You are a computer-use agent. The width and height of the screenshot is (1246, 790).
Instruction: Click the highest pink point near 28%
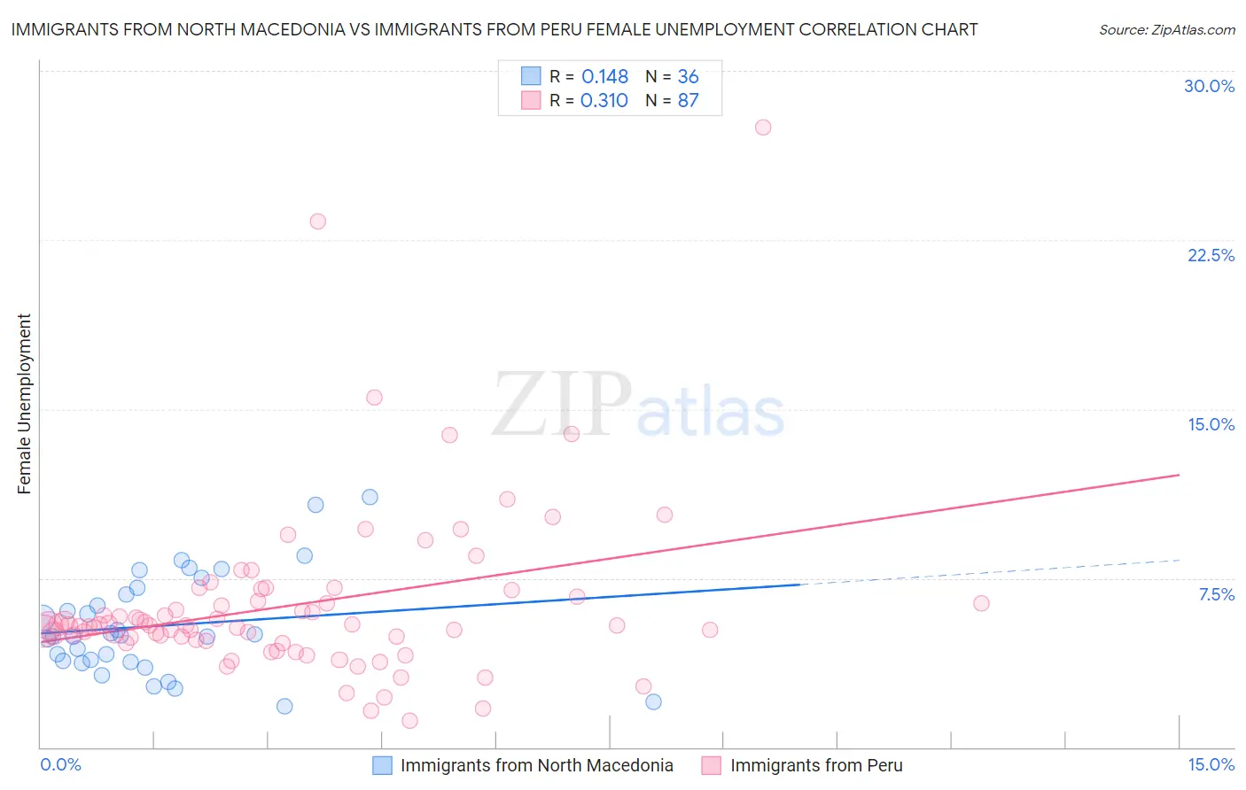(x=763, y=128)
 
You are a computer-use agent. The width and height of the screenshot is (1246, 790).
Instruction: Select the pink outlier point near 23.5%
(x=318, y=221)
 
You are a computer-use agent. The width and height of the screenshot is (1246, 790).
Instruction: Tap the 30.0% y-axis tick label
(x=1209, y=87)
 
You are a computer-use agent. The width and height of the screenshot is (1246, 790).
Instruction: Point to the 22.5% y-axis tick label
(x=1211, y=256)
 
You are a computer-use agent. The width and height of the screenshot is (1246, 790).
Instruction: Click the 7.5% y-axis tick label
(x=1216, y=595)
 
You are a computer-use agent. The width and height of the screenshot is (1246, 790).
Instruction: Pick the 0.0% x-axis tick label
(x=60, y=765)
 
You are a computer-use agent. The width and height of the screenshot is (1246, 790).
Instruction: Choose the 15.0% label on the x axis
(x=1211, y=765)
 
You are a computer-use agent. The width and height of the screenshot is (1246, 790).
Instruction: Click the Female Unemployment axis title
(x=25, y=404)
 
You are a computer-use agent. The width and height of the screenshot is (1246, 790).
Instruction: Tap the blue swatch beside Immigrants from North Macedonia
(x=382, y=766)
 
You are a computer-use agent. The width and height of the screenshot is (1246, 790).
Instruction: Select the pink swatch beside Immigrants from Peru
(x=711, y=766)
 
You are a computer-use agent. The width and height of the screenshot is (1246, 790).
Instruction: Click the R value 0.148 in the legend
(x=604, y=77)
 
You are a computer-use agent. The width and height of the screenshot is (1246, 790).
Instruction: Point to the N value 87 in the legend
(x=689, y=101)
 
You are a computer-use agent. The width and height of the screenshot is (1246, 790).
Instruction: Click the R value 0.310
(x=604, y=101)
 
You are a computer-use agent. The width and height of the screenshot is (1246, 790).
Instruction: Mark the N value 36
(x=689, y=77)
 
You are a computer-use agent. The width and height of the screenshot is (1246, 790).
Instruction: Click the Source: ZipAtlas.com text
(x=1166, y=30)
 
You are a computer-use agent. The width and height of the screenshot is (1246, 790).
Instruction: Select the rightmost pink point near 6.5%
(x=981, y=604)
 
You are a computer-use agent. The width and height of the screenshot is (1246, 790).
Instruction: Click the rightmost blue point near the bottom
(x=653, y=702)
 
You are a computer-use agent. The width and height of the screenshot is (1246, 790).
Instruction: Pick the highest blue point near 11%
(x=370, y=498)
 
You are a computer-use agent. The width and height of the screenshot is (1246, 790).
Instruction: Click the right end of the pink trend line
(x=1180, y=475)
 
